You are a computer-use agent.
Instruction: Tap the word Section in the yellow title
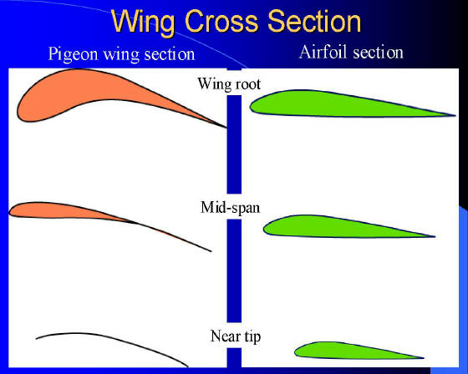314,21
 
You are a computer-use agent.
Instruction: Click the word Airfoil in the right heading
323,52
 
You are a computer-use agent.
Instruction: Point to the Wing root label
229,83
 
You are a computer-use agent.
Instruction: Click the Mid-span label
230,207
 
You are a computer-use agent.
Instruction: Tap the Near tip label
236,336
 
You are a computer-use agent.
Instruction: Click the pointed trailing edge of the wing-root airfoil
455,115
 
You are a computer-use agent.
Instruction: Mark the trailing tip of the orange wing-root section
226,128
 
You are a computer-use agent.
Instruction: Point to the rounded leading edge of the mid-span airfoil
264,229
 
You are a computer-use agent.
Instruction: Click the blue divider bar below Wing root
234,144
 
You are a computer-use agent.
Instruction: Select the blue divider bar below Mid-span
234,270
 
